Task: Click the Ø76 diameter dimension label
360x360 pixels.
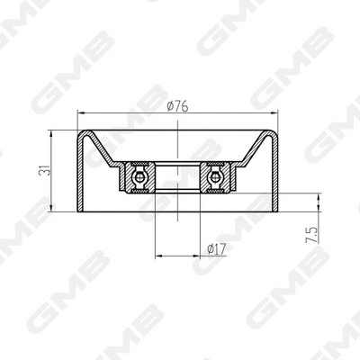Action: [x=178, y=105]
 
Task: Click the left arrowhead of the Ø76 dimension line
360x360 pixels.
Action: [x=81, y=114]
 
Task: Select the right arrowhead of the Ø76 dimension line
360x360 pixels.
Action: [x=275, y=114]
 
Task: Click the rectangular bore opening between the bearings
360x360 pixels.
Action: [x=178, y=176]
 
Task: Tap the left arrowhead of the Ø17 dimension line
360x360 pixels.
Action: [x=158, y=256]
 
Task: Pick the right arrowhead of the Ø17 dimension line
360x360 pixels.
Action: [x=198, y=256]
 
